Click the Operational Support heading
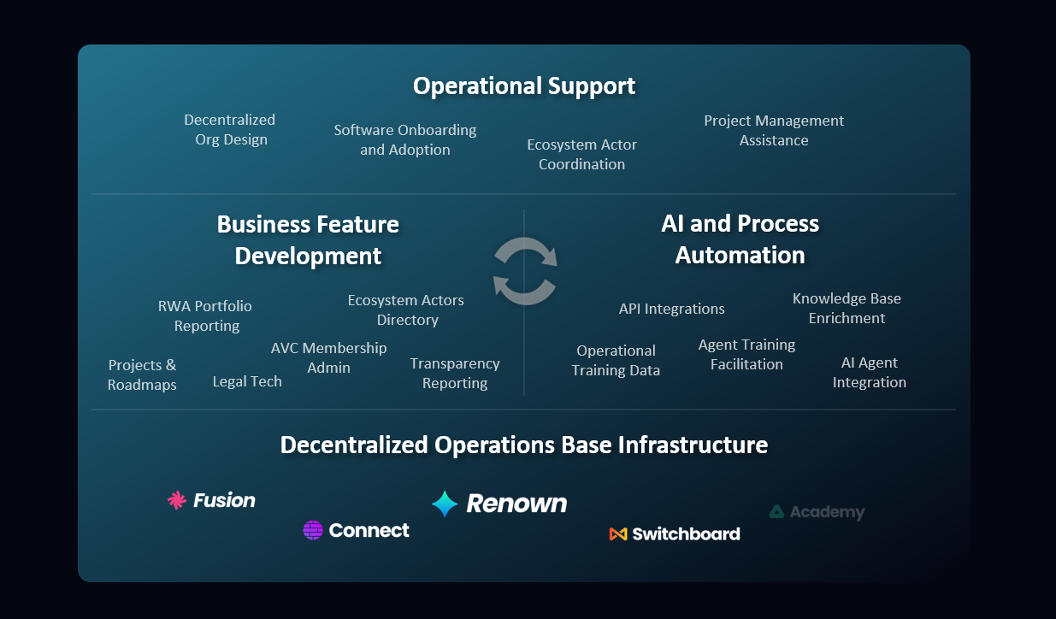click(523, 86)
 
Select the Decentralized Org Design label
click(230, 130)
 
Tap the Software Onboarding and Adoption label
click(404, 140)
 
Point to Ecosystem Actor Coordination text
click(581, 155)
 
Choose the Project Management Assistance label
click(774, 131)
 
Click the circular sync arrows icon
click(525, 271)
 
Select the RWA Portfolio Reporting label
click(206, 315)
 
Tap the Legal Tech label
click(247, 381)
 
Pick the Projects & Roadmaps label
click(142, 375)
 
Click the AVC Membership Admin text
click(328, 358)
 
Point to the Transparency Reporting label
click(455, 374)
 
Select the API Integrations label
click(671, 309)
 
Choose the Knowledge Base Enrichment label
click(847, 309)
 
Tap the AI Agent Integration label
click(869, 373)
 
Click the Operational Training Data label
click(616, 361)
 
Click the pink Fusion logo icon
click(177, 500)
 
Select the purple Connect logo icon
click(313, 530)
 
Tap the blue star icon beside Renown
click(445, 504)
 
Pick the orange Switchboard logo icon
click(618, 534)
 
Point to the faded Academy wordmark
click(827, 512)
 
